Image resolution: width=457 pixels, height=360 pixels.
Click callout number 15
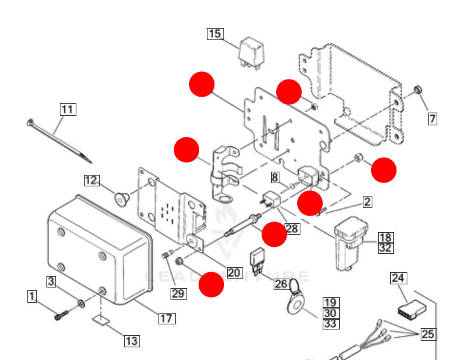coord(215,34)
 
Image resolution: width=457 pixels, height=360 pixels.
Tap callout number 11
coord(68,109)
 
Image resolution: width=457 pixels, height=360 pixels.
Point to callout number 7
coord(432,119)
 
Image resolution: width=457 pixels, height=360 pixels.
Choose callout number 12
coord(92,181)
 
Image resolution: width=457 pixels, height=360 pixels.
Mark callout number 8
coord(275,177)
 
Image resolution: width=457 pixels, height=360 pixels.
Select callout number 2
coord(367,202)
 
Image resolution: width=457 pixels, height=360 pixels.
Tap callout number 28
coord(292,228)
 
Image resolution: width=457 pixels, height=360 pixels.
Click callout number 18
coord(386,238)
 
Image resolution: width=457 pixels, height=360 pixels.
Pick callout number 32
coord(386,248)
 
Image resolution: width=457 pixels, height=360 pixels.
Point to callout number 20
coord(234,272)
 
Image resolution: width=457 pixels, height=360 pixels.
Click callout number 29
coord(179,293)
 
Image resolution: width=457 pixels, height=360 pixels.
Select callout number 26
coord(281,284)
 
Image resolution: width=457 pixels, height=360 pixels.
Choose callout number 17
coord(167,318)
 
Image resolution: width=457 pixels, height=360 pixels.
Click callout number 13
coord(131,341)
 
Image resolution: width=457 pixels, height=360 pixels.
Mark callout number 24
coord(398,278)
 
